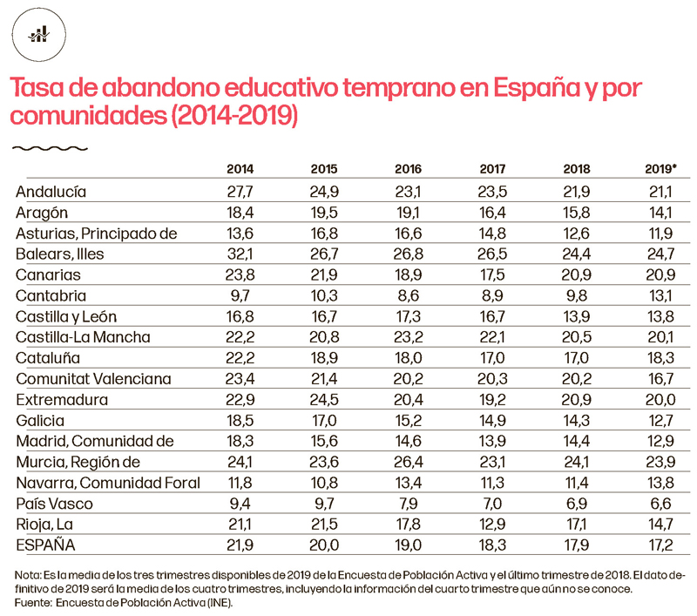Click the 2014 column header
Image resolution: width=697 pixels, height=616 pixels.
point(240,169)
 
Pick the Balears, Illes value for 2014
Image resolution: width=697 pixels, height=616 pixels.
point(240,254)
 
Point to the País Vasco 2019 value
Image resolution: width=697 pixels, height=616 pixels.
point(661,504)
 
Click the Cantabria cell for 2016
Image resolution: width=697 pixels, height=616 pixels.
point(408,294)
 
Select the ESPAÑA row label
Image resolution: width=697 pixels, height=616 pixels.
point(46,545)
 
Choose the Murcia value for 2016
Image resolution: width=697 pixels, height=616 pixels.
point(408,462)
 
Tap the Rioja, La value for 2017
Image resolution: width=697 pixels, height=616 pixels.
point(493,525)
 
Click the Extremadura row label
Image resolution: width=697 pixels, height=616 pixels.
point(62,399)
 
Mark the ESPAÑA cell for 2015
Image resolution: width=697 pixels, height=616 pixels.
point(324,545)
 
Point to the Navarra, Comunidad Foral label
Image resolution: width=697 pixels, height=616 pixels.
point(108,483)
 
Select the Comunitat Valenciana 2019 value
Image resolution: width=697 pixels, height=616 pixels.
point(661,378)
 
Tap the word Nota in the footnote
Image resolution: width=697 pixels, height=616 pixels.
point(29,576)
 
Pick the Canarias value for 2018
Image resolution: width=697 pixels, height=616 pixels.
point(578,274)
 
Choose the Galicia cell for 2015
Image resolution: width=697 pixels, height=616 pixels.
point(324,420)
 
